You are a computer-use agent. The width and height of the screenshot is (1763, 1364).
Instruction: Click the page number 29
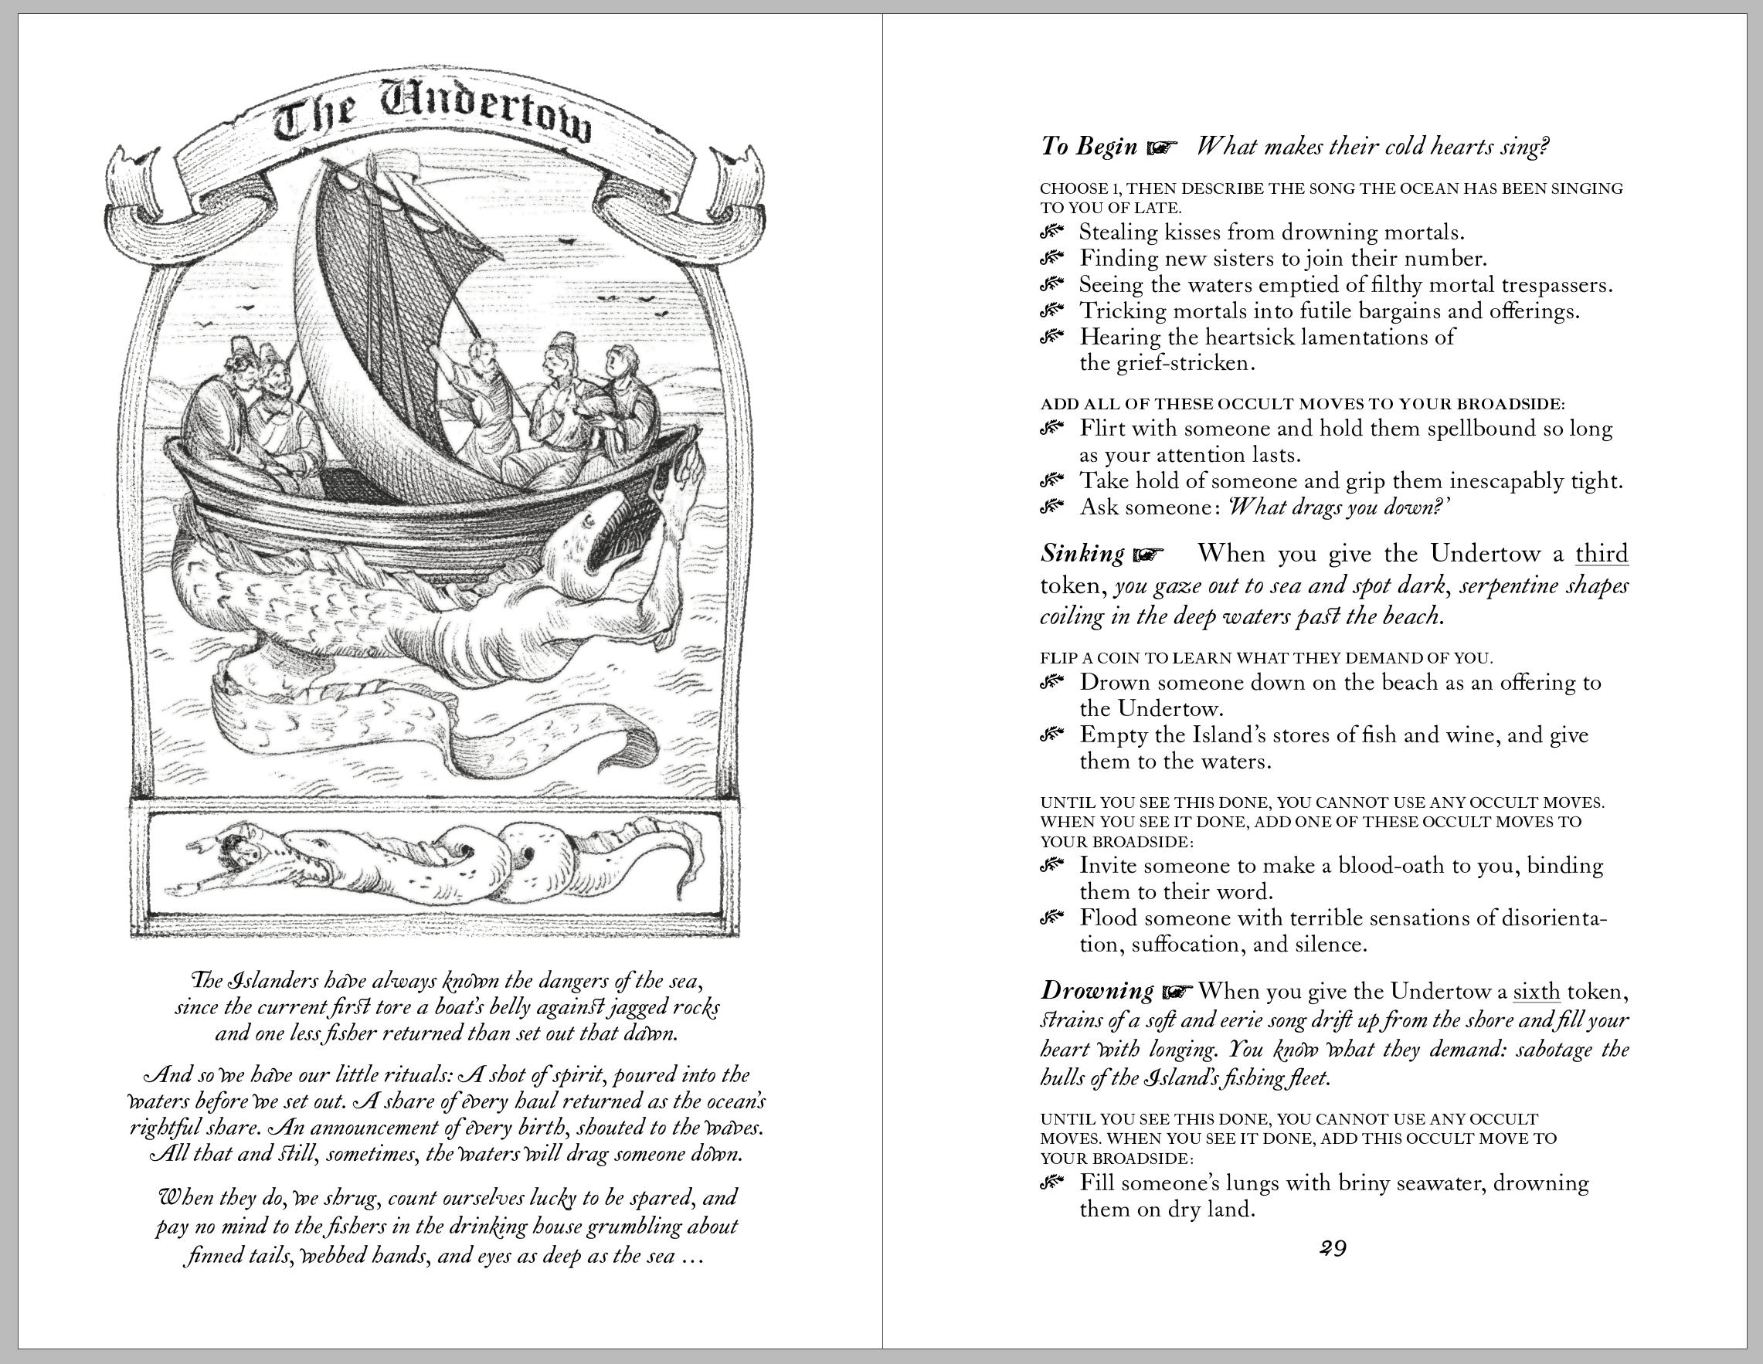pyautogui.click(x=1333, y=1249)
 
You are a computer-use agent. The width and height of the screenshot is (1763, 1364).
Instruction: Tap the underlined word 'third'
pyautogui.click(x=1602, y=555)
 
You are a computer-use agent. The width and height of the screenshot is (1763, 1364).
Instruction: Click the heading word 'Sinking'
pyautogui.click(x=1082, y=555)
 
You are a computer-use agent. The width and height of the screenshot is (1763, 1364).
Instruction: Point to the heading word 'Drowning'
pyautogui.click(x=1097, y=991)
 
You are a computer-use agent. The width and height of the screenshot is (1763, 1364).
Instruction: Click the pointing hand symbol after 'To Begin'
pyautogui.click(x=1162, y=148)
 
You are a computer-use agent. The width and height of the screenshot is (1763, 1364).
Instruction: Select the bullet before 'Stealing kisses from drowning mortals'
pyautogui.click(x=1051, y=233)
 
